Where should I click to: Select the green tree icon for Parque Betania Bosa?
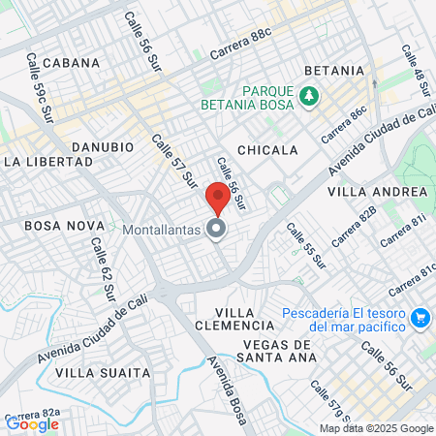click(x=309, y=95)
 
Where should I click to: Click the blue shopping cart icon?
click(x=420, y=317)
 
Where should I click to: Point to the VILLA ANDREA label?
click(x=377, y=192)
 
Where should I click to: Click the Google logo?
click(x=32, y=423)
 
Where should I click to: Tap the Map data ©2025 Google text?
click(x=377, y=428)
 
